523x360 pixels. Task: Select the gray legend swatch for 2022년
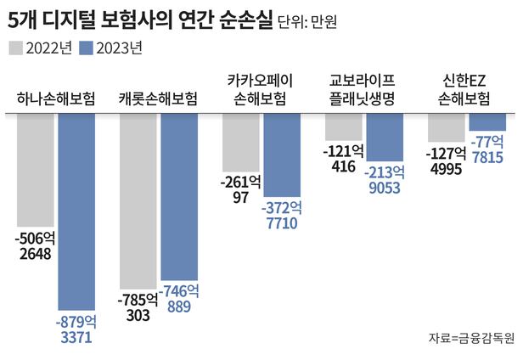pyautogui.click(x=16, y=48)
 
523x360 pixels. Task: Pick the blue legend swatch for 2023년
pyautogui.click(x=87, y=48)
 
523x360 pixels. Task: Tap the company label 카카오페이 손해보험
pyautogui.click(x=261, y=91)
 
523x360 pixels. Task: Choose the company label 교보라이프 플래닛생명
pyautogui.click(x=364, y=91)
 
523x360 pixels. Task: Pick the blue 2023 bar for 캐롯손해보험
pyautogui.click(x=179, y=196)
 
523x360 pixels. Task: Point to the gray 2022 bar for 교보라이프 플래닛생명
pyautogui.click(x=344, y=126)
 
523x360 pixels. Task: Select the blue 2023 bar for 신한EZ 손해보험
pyautogui.click(x=486, y=121)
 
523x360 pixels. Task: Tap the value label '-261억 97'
pyautogui.click(x=240, y=189)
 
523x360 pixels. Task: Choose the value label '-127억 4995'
pyautogui.click(x=446, y=160)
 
